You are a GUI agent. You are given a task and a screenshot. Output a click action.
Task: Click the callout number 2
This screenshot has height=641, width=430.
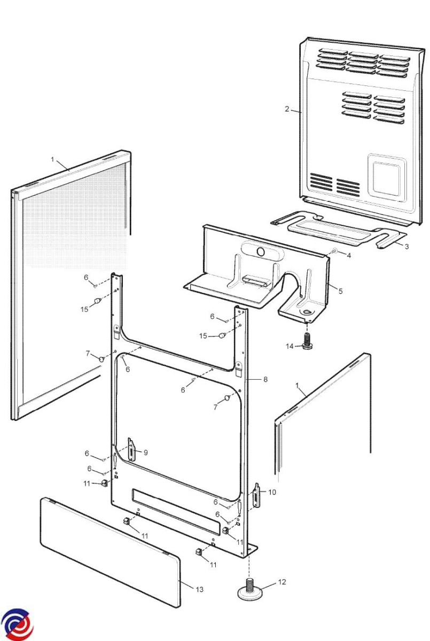click(x=287, y=109)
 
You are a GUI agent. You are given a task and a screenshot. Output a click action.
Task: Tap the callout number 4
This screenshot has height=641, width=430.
click(x=349, y=255)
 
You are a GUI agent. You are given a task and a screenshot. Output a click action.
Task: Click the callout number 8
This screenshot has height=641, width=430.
click(x=265, y=379)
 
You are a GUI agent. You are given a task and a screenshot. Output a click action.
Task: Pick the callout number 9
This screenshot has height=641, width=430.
click(x=145, y=452)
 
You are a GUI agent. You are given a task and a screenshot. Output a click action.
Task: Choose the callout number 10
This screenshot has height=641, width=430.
click(x=272, y=492)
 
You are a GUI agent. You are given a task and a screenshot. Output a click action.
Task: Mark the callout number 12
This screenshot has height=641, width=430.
click(x=282, y=582)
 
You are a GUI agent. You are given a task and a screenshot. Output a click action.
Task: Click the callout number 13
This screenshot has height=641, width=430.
click(x=199, y=590)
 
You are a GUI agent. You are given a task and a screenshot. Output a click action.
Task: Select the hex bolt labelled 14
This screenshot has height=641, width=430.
click(x=307, y=341)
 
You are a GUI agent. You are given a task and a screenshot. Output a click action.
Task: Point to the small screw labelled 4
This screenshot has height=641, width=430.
click(x=335, y=251)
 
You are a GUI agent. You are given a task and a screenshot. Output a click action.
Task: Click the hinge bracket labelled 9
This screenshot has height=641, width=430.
click(x=131, y=449)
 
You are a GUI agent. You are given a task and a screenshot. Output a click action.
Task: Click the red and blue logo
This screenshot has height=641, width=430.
click(x=17, y=623)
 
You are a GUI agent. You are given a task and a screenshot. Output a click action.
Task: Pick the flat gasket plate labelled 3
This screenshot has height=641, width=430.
click(x=337, y=230)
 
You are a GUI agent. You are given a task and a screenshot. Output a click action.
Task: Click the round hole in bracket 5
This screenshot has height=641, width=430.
click(x=261, y=251)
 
